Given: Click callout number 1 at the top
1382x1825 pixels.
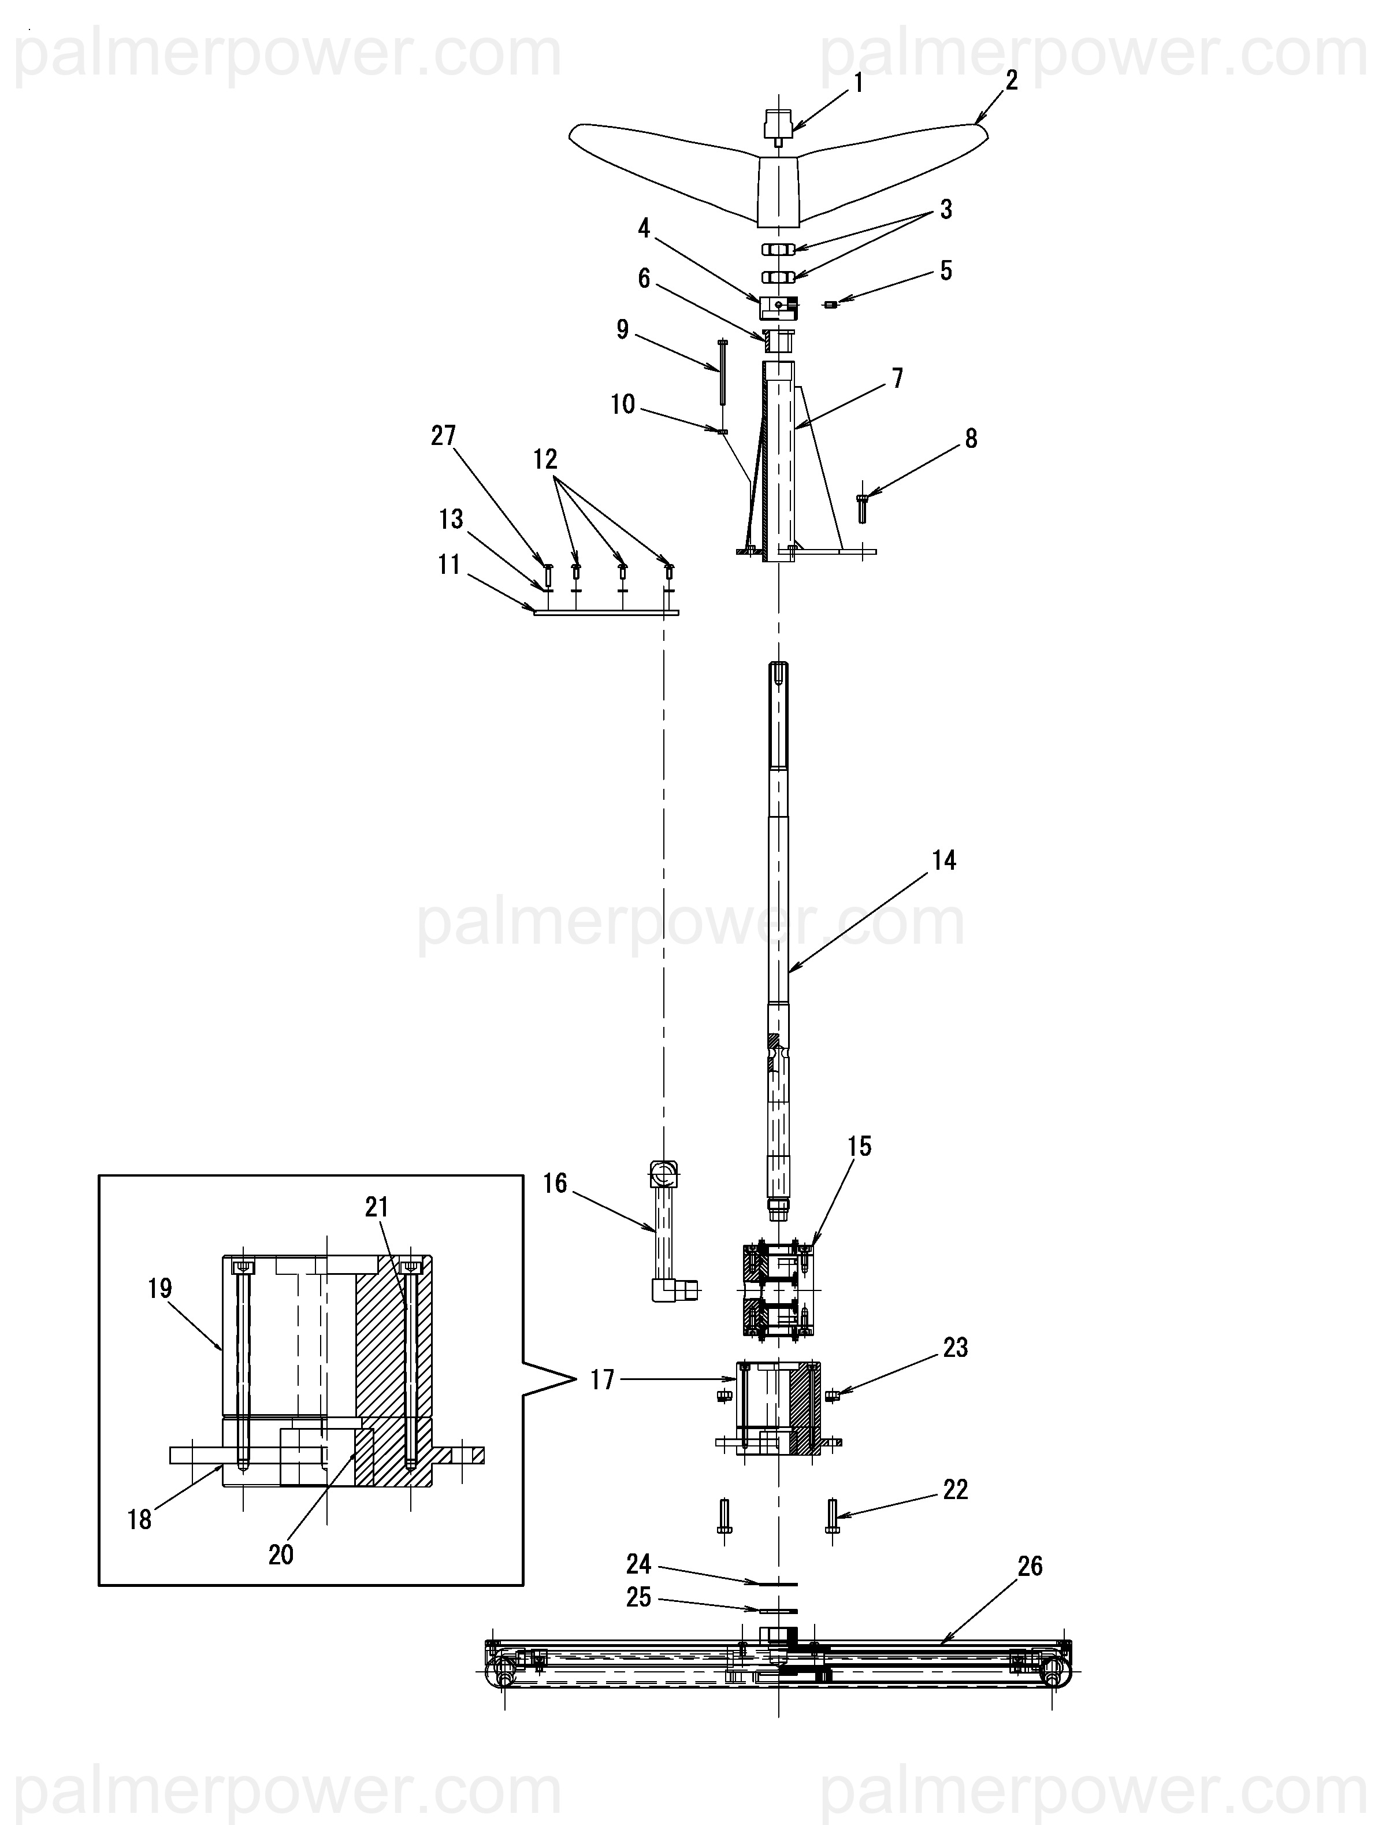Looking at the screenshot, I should point(858,83).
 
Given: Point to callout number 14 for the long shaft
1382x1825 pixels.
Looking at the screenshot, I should point(944,860).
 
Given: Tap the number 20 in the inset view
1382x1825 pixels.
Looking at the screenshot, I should point(281,1555).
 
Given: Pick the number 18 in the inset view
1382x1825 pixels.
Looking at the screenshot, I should point(139,1520).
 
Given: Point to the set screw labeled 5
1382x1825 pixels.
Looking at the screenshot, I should point(831,305).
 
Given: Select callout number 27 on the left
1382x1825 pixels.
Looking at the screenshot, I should point(443,436).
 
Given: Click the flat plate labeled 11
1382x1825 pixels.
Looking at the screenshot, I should point(607,613).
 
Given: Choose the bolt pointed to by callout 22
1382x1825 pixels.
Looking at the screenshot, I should point(831,1516).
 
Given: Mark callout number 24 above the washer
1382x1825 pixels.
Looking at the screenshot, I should point(638,1564).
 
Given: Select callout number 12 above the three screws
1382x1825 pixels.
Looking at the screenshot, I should point(545,459).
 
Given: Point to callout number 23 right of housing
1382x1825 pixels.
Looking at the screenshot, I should point(956,1348).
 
